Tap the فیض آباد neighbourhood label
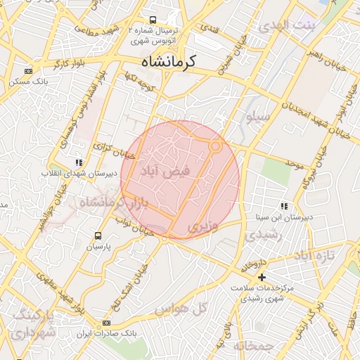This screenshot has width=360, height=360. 163,172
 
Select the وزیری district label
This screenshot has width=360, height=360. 203,226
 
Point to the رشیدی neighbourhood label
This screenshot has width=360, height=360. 266,235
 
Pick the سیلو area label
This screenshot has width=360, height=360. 257,119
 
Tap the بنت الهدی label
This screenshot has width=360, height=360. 288,27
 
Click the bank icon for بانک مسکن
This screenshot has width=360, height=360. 28,71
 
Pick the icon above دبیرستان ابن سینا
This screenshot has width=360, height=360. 284,206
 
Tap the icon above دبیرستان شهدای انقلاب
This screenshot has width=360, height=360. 78,162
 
